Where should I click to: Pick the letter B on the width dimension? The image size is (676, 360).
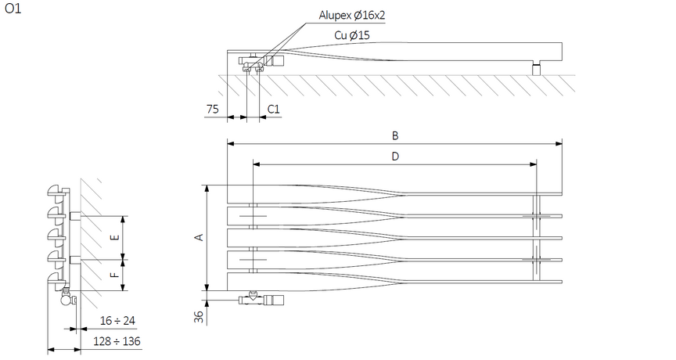tap(395, 135)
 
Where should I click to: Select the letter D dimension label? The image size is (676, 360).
tap(395, 156)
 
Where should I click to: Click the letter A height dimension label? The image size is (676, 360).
tap(199, 237)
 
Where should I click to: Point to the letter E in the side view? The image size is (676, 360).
tap(115, 237)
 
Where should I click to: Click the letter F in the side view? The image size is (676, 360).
tap(115, 274)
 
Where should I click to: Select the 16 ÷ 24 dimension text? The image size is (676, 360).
tap(118, 321)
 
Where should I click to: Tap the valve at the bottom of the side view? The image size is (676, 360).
tap(66, 296)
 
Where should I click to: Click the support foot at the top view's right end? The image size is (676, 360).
tap(537, 70)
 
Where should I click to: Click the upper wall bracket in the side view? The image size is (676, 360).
tap(74, 215)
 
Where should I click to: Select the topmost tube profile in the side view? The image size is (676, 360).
tap(56, 189)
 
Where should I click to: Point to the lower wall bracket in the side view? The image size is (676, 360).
tap(74, 259)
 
